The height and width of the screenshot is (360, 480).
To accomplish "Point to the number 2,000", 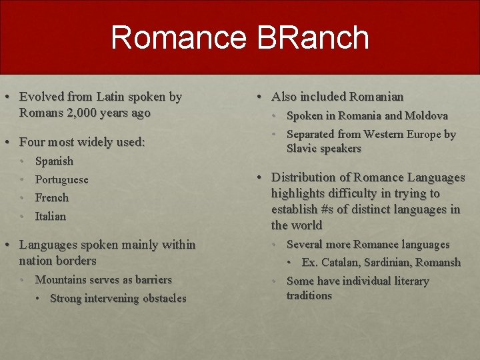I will [85, 113].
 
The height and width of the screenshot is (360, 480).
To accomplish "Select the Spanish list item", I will [54, 161].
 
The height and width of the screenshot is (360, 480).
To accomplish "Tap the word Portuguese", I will [61, 179].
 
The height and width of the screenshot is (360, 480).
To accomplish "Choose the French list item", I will [51, 197].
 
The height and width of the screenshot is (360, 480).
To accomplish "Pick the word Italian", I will [51, 216].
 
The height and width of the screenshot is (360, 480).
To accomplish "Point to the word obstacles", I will [162, 298].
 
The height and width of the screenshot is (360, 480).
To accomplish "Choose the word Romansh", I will [440, 262].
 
